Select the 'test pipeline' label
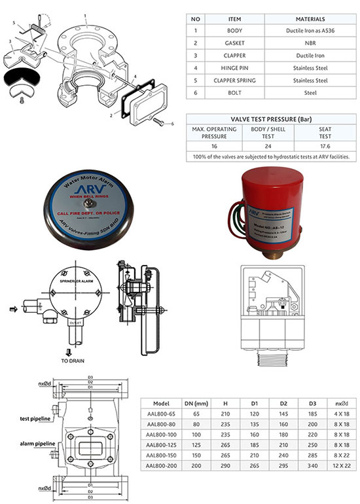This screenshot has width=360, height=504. (38, 417)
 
